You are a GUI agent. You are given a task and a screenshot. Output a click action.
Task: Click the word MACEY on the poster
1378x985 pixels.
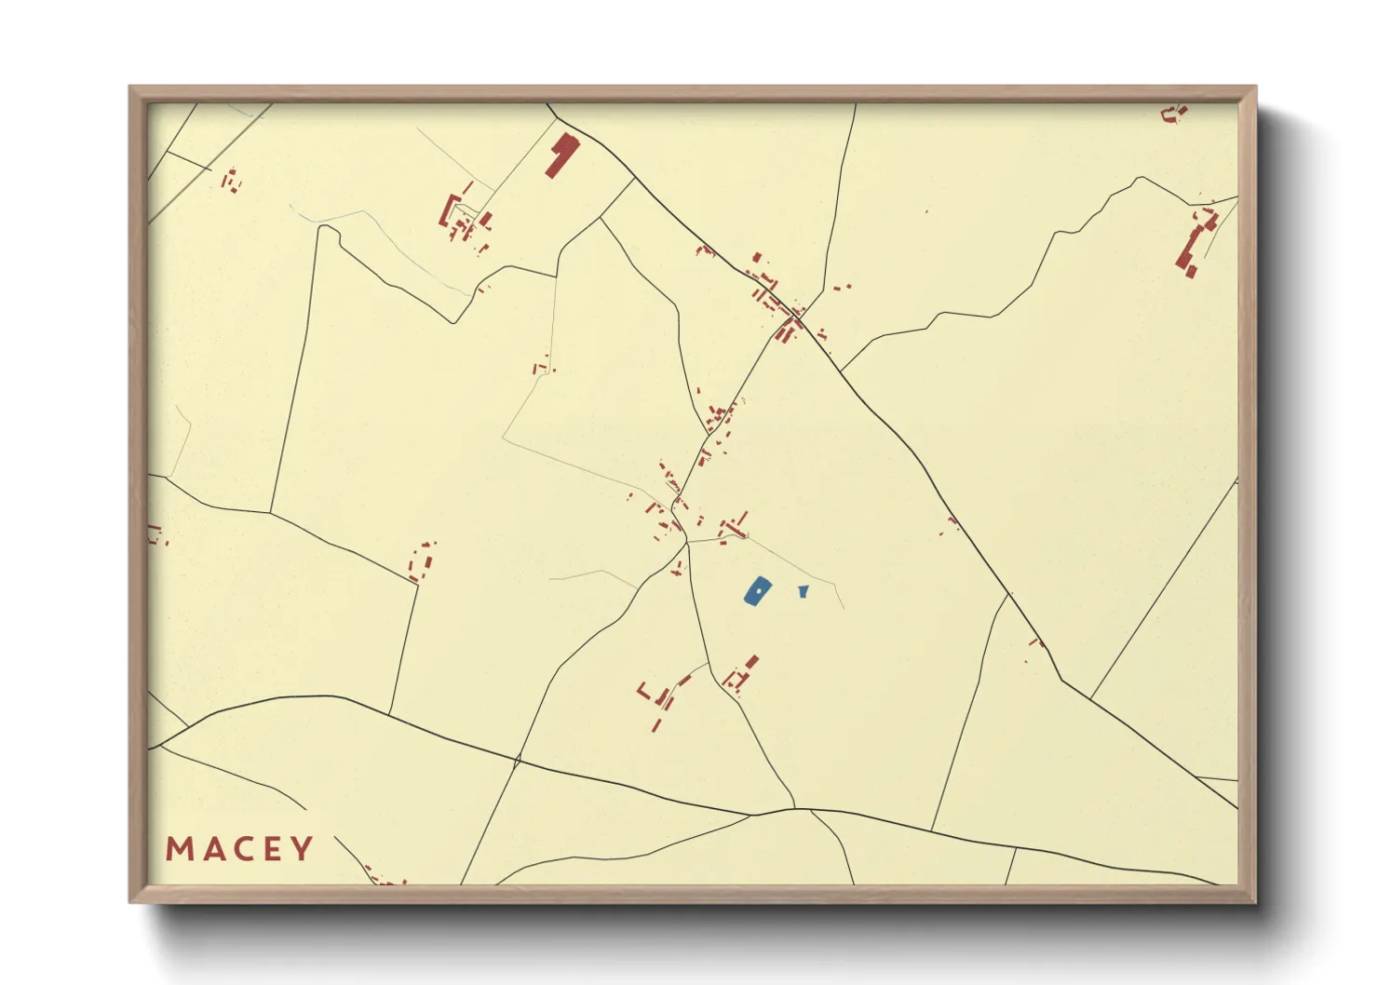click(239, 849)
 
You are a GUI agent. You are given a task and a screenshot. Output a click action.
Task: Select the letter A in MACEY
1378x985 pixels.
click(210, 849)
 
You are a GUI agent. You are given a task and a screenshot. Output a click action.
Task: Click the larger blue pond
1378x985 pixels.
click(758, 590)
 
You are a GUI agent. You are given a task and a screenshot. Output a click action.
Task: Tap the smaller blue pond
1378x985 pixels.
click(803, 590)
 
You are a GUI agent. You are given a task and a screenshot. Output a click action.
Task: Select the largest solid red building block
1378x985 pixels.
click(561, 154)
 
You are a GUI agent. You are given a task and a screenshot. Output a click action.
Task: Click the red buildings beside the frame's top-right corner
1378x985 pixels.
click(1174, 114)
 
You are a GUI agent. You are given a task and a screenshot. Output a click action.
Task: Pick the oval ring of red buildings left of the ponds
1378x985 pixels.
click(422, 561)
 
